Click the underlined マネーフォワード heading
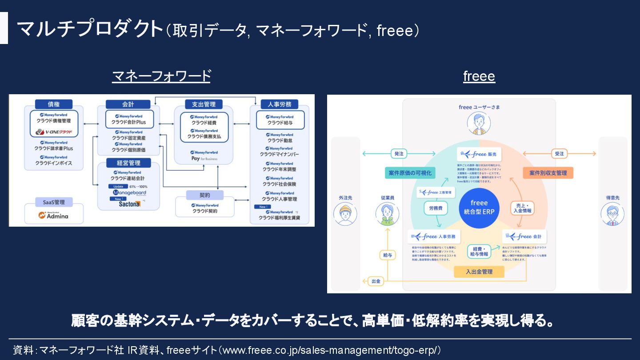[161, 76]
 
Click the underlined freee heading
[479, 76]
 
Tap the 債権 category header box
[53, 104]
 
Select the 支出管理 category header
[204, 104]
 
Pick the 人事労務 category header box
[280, 104]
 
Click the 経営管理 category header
[128, 163]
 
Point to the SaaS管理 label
[54, 202]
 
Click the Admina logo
[53, 216]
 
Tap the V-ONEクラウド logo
[54, 132]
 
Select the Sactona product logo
[129, 204]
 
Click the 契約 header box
[204, 195]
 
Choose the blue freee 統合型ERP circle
[479, 208]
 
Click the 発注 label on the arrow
[399, 154]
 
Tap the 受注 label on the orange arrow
[559, 154]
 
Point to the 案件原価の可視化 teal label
[410, 173]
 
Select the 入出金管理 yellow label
[479, 272]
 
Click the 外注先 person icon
[345, 214]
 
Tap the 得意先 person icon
[612, 214]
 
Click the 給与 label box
[388, 255]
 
